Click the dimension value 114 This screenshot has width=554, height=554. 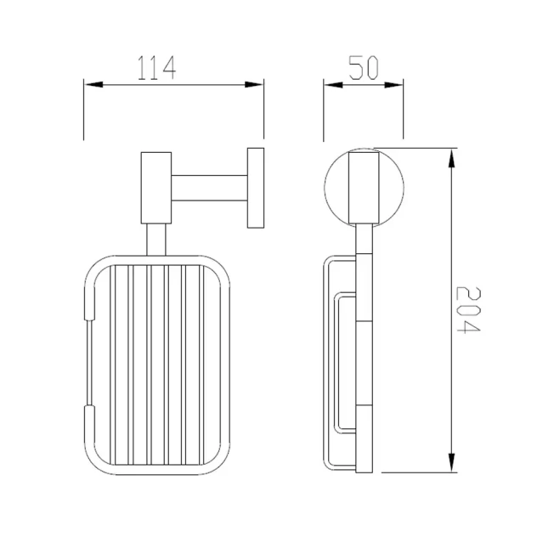156,68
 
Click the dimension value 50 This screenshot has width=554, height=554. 364,67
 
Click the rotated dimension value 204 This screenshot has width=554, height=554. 468,309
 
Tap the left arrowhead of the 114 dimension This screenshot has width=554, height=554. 93,85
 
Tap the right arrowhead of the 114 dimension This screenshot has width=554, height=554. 254,85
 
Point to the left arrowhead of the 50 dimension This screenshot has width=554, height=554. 333,85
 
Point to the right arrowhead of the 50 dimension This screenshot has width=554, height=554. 393,85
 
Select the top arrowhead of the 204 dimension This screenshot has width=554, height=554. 451,158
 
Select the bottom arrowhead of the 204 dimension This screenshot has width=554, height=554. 451,463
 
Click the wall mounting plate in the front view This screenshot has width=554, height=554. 256,188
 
